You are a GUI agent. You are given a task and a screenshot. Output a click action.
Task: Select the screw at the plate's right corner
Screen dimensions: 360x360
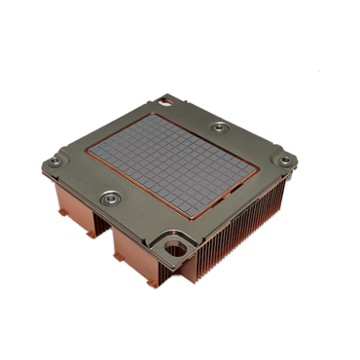click(x=283, y=160)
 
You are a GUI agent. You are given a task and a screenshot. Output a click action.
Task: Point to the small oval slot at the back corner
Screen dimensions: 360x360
click(x=166, y=97)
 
